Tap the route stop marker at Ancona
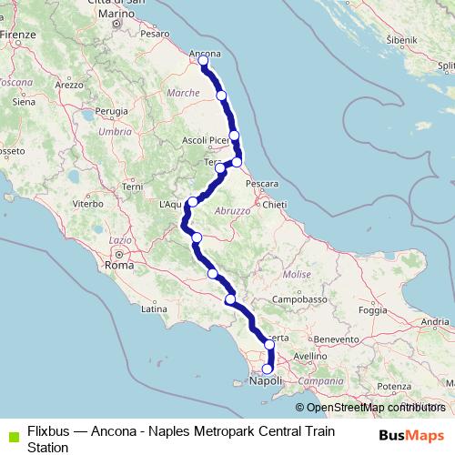pos(203,62)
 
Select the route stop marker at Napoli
pos(267,369)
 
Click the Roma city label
pos(119,266)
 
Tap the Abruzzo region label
pos(232,210)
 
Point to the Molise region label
pos(297,274)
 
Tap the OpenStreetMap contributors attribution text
pos(372,408)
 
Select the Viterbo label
pos(88,205)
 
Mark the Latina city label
pos(152,309)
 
